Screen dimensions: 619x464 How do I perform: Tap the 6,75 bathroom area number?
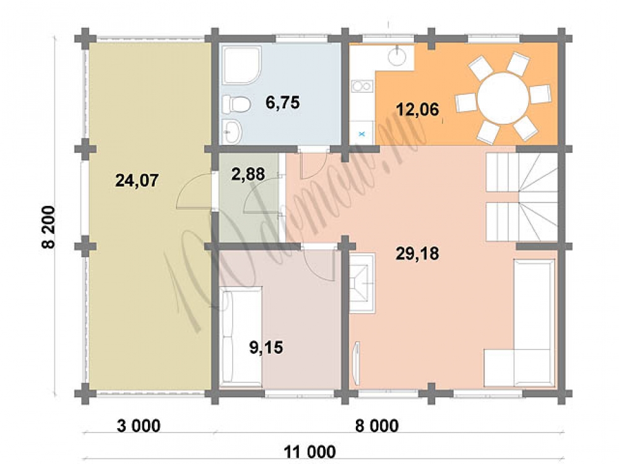pyautogui.click(x=283, y=103)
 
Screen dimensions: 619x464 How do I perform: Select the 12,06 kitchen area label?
pyautogui.click(x=417, y=110)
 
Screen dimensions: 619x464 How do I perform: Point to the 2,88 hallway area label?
pyautogui.click(x=248, y=174)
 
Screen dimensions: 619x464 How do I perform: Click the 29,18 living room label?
pyautogui.click(x=417, y=254)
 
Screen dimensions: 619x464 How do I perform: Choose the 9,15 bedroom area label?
pyautogui.click(x=266, y=348)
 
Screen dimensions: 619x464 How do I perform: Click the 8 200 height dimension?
pyautogui.click(x=48, y=227)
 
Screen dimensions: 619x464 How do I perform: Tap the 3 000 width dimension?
pyautogui.click(x=139, y=426)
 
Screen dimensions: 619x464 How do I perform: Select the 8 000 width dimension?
pyautogui.click(x=377, y=426)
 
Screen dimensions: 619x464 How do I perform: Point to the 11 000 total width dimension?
pyautogui.click(x=310, y=452)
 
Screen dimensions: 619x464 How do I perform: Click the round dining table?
pyautogui.click(x=503, y=98)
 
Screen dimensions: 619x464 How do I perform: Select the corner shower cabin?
pyautogui.click(x=241, y=66)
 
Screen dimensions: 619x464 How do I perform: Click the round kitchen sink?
pyautogui.click(x=397, y=57)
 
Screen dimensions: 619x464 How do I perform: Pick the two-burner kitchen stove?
pyautogui.click(x=362, y=85)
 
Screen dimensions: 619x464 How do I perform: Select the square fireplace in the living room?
pyautogui.click(x=361, y=283)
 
